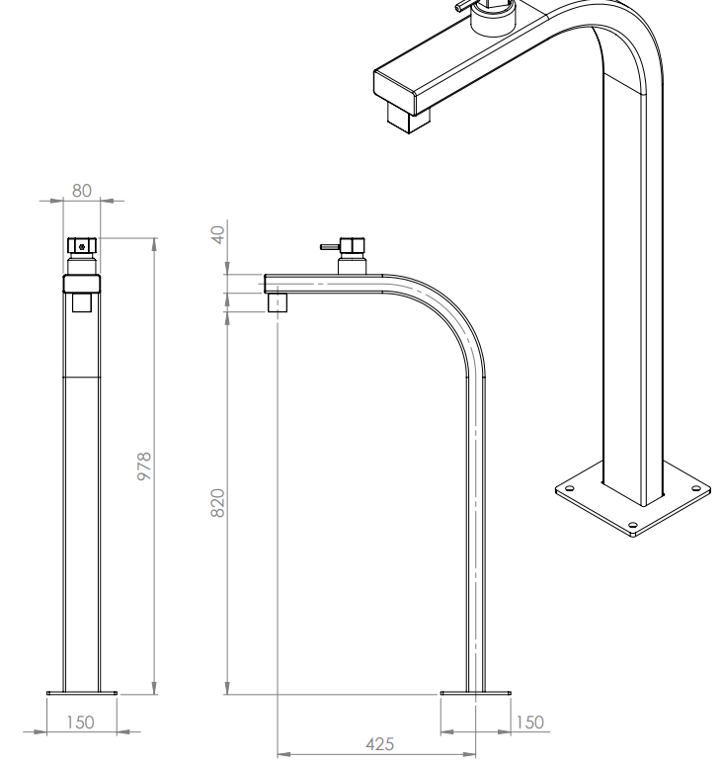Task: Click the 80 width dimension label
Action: coord(81,191)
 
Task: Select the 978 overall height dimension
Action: coord(145,466)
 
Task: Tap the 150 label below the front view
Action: coord(80,722)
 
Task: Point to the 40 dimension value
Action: coord(218,234)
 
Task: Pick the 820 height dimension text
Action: coord(217,502)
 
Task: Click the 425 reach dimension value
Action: coord(380,744)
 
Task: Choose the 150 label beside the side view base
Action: coord(529,722)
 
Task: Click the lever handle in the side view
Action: coord(330,247)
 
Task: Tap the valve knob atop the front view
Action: coord(82,245)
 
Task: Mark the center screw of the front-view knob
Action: coord(82,247)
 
